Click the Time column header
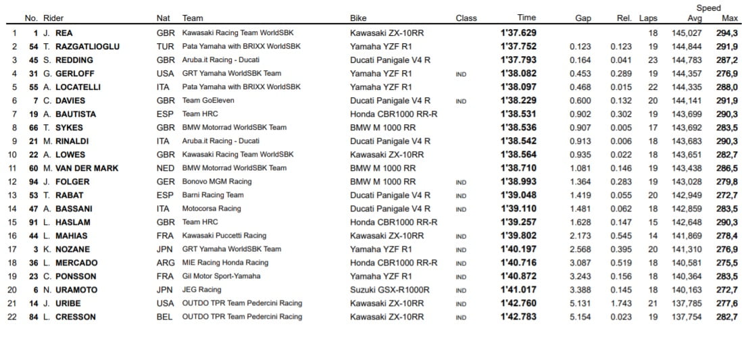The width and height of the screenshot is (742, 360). [526, 18]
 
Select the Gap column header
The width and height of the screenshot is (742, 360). [583, 18]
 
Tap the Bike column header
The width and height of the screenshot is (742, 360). [358, 18]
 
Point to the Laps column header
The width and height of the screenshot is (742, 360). [648, 18]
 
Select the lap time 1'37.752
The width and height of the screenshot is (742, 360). [518, 47]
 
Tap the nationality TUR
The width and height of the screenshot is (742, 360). [164, 47]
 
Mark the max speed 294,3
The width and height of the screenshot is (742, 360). [726, 33]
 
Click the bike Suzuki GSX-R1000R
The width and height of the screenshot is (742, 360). [389, 290]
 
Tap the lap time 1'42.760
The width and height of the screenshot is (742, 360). [518, 303]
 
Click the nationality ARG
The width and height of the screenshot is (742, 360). [165, 263]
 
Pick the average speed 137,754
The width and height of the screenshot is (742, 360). [687, 317]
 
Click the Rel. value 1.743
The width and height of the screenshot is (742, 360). [621, 303]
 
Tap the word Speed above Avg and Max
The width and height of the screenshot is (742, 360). [708, 8]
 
